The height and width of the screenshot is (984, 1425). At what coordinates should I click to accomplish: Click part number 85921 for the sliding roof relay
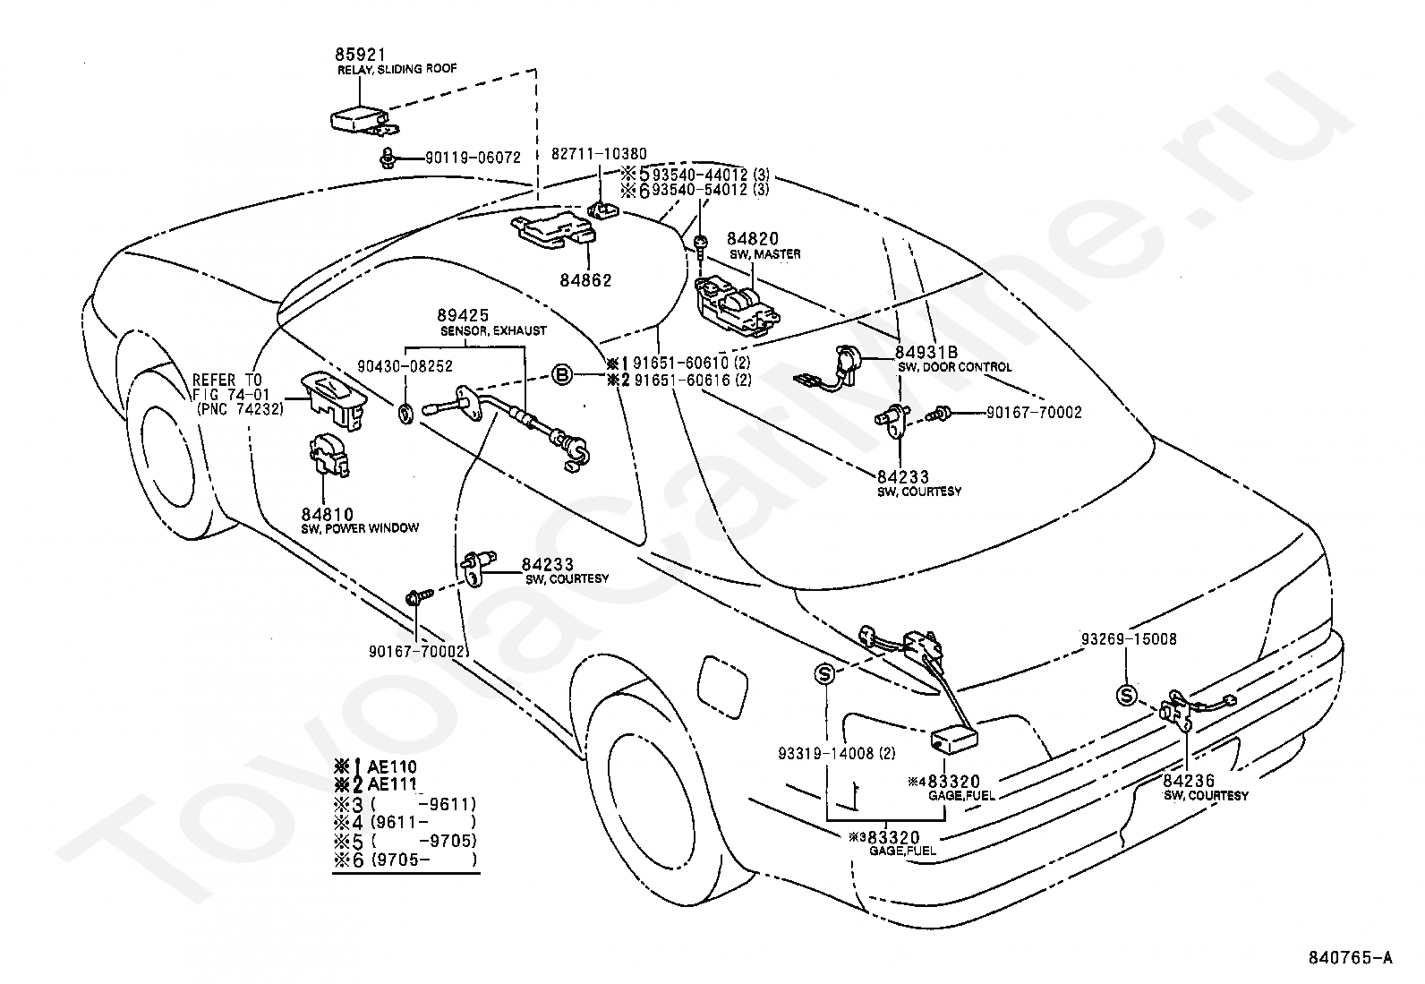(x=360, y=55)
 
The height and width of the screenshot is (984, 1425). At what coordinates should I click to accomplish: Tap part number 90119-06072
(x=473, y=157)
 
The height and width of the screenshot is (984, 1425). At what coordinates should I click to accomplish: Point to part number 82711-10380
(x=599, y=153)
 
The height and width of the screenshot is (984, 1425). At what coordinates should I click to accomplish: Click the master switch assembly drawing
(x=738, y=305)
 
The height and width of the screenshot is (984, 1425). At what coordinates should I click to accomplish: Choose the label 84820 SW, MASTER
(x=764, y=245)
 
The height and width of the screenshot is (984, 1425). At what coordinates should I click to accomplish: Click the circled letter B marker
(x=562, y=375)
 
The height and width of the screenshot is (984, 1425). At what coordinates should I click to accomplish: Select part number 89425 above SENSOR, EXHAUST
(x=463, y=315)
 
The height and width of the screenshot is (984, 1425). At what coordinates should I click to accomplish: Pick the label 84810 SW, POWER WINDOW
(x=360, y=520)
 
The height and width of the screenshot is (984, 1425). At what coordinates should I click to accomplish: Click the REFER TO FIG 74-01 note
(x=238, y=395)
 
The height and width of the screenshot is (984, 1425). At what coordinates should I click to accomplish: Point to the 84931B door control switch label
(x=954, y=359)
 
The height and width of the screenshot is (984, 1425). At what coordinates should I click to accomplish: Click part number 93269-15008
(x=1130, y=638)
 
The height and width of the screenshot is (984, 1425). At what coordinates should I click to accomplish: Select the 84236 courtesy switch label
(x=1206, y=787)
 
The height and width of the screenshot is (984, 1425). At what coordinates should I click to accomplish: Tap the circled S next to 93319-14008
(x=824, y=674)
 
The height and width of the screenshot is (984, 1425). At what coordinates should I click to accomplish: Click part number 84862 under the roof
(x=585, y=280)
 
